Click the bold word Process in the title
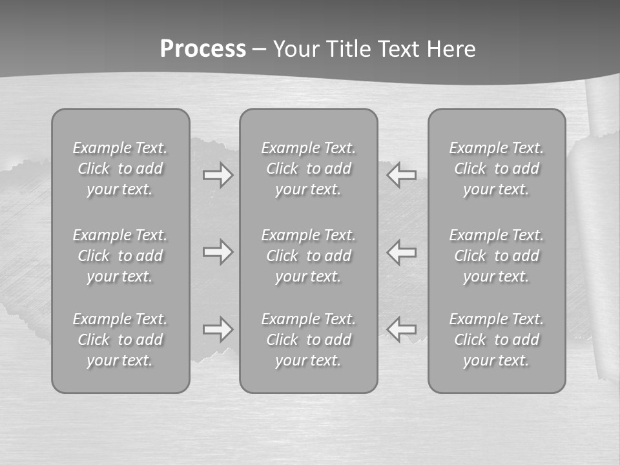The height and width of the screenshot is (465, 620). (x=203, y=49)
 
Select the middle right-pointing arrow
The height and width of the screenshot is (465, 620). (x=218, y=252)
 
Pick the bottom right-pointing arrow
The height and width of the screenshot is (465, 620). (x=218, y=329)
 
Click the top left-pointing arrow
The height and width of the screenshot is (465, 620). (x=402, y=175)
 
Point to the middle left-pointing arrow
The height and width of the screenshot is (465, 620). (x=402, y=252)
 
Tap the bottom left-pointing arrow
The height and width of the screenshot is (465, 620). (x=402, y=329)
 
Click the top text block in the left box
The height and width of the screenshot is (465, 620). (x=120, y=169)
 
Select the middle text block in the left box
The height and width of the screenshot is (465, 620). (x=120, y=256)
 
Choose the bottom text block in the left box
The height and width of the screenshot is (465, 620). (x=120, y=340)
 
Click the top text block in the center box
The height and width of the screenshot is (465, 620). (x=308, y=169)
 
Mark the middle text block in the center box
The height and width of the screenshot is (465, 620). (x=308, y=256)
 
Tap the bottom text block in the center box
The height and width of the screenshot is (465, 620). (x=308, y=340)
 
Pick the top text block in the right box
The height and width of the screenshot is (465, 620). (x=497, y=169)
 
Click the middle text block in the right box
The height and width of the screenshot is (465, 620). (x=497, y=256)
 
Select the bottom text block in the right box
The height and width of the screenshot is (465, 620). (x=497, y=340)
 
